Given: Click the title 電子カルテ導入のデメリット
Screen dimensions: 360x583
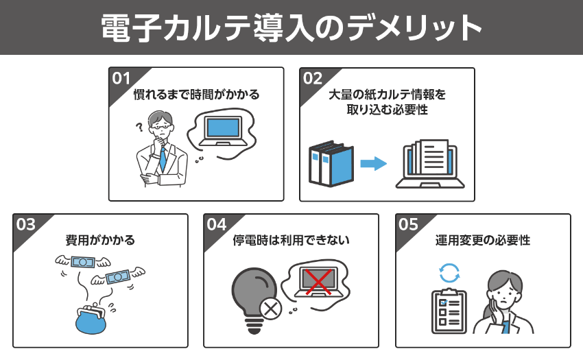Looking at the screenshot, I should [x=291, y=27].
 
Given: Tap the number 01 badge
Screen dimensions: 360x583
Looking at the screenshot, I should [x=121, y=77].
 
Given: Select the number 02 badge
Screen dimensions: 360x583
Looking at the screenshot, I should [x=312, y=77].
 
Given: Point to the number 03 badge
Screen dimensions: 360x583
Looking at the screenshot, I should [x=25, y=224].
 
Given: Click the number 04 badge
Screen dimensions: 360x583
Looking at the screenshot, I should [x=217, y=224].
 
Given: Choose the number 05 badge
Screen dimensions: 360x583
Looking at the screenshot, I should [x=408, y=224].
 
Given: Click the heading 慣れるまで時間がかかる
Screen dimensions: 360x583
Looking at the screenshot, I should [x=196, y=95].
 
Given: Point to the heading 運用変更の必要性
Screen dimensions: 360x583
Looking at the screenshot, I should [x=483, y=241].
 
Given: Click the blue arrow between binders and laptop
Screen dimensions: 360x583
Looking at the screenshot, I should [x=373, y=163].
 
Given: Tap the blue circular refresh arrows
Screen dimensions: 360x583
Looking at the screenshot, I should [x=448, y=272].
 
